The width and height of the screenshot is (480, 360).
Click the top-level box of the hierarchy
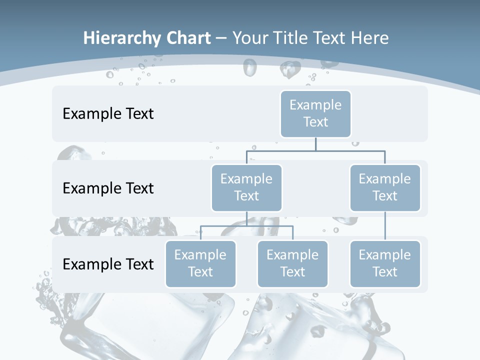(315, 113)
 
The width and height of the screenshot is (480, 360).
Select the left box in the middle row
(246, 187)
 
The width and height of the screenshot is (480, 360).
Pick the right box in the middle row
(385, 187)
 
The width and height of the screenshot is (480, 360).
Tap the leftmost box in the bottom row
(200, 263)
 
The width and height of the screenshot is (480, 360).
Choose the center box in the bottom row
(292, 263)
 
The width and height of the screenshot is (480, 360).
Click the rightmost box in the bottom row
(385, 263)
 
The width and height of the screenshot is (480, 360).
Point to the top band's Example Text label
(108, 113)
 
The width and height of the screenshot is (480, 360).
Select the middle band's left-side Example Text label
(108, 188)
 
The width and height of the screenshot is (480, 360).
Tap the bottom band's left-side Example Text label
(108, 264)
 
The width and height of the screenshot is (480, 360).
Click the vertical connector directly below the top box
(315, 144)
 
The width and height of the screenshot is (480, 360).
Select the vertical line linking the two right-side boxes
(385, 226)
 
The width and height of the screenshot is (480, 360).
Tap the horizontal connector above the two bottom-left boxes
(246, 226)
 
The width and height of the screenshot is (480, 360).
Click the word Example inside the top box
(315, 105)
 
